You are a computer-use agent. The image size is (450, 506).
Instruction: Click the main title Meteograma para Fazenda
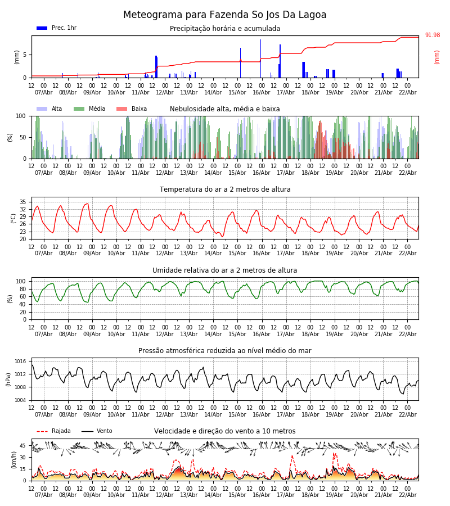(224, 15)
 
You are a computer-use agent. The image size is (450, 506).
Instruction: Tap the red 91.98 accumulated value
(432, 35)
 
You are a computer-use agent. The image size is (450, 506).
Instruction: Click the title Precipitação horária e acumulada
(225, 29)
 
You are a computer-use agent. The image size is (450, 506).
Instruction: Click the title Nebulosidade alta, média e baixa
(225, 109)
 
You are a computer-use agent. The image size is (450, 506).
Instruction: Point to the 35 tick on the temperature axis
(23, 202)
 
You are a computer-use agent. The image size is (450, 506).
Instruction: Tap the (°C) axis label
(13, 218)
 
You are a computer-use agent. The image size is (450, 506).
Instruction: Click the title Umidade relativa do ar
(225, 270)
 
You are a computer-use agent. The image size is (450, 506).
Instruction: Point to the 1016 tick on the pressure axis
(20, 362)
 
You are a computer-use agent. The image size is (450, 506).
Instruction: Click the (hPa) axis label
(9, 379)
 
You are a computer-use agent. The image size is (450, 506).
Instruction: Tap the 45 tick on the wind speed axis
(23, 446)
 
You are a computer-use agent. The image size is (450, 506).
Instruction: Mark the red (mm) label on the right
(437, 57)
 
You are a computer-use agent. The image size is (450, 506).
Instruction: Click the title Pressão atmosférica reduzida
(225, 351)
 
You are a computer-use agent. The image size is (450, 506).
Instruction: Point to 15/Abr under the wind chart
(237, 495)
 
